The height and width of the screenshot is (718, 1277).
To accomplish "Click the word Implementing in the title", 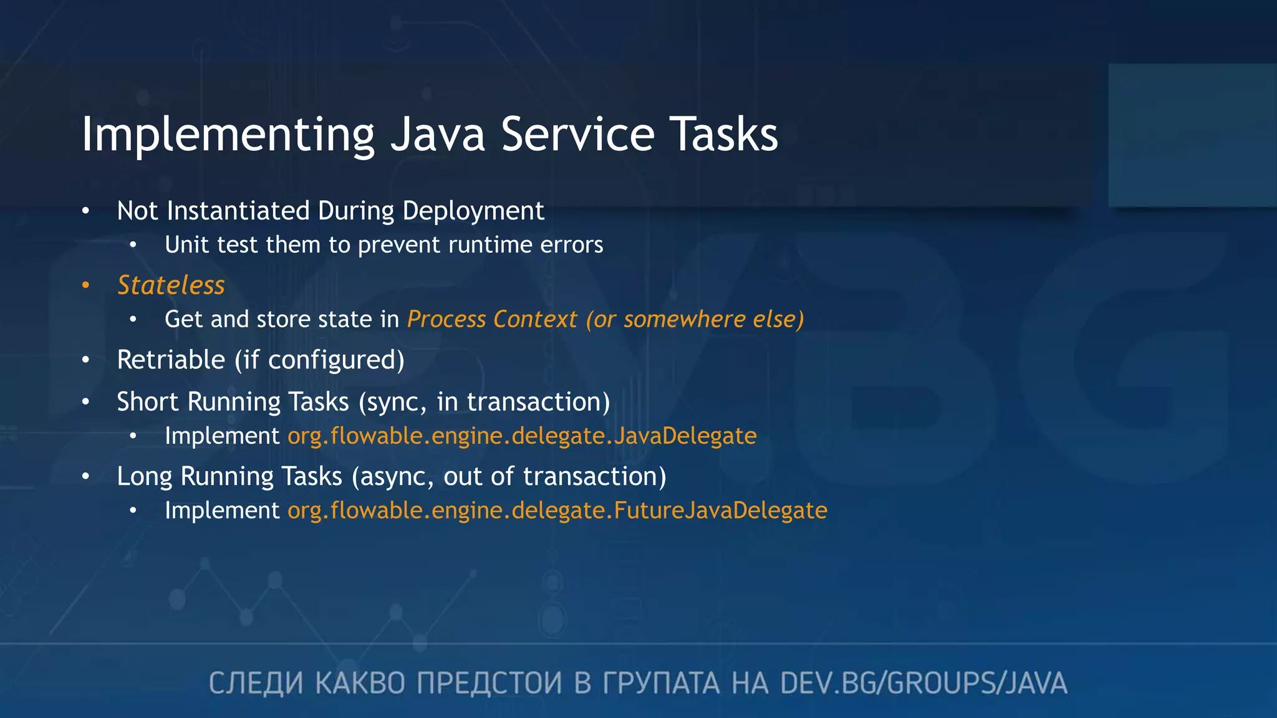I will click(228, 135).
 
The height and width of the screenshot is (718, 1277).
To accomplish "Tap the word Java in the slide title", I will click(437, 135).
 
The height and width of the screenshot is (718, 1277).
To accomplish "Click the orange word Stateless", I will click(171, 285).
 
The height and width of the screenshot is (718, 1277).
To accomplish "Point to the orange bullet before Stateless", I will click(86, 285).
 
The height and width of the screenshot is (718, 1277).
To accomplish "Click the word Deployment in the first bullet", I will click(473, 211).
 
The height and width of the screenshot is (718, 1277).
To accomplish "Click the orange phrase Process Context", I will click(492, 320).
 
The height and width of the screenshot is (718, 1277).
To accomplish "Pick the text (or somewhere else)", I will click(695, 320).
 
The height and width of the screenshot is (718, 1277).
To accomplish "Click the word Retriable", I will click(171, 360).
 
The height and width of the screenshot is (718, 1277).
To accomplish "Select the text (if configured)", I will click(319, 360).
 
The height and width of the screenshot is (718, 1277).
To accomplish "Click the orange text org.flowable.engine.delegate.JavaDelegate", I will click(522, 436).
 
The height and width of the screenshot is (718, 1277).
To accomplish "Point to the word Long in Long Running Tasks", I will click(144, 477).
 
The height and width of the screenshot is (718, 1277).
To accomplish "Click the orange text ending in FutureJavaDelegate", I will click(557, 510).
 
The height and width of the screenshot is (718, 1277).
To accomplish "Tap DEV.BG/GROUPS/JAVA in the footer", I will click(923, 683).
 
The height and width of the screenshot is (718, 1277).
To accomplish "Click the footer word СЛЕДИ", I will click(256, 683).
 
